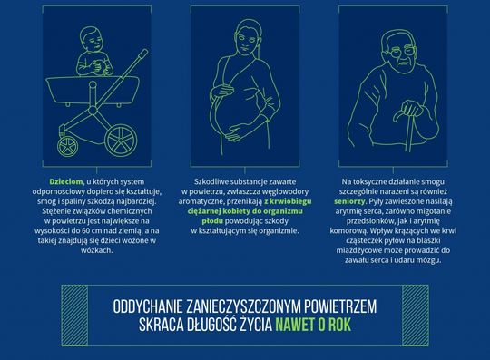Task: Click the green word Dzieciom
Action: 66,181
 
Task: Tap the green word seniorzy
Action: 349,201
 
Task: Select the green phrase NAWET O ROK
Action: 313,326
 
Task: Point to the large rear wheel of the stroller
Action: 121,141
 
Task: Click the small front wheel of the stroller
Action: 67,147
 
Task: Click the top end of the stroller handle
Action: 144,52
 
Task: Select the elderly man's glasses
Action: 402,52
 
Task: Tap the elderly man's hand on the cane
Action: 413,108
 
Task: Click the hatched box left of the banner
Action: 74,316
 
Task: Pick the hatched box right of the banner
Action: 416,316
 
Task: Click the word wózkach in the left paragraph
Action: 96,250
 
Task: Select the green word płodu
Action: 212,221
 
